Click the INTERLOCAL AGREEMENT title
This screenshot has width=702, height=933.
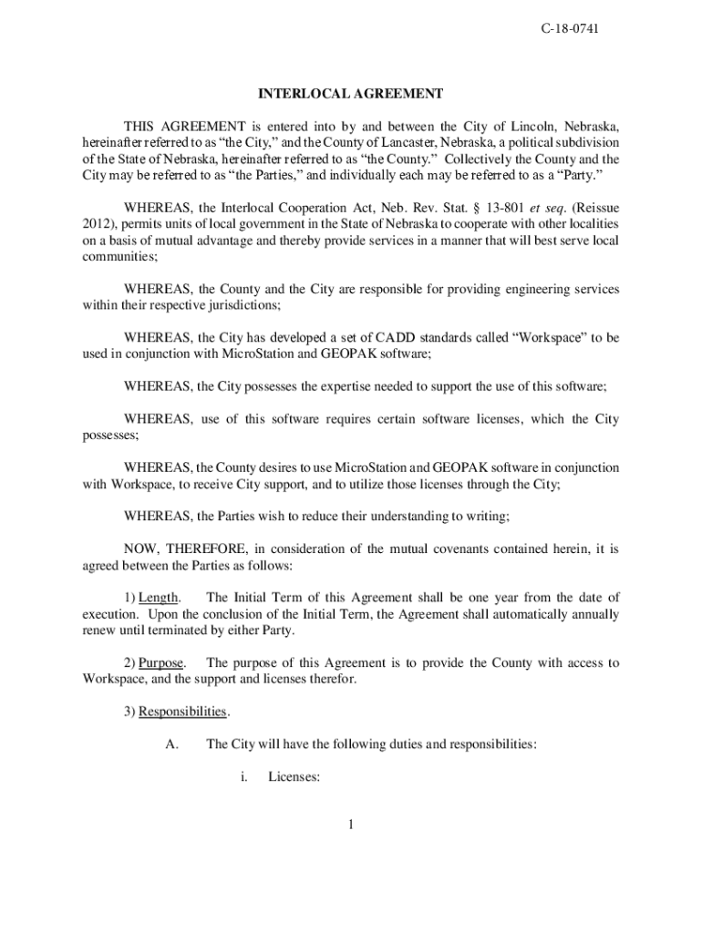pyautogui.click(x=351, y=94)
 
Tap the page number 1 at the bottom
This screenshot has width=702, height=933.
pyautogui.click(x=350, y=826)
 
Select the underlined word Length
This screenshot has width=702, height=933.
pyautogui.click(x=159, y=598)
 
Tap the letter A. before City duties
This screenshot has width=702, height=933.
pyautogui.click(x=171, y=744)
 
